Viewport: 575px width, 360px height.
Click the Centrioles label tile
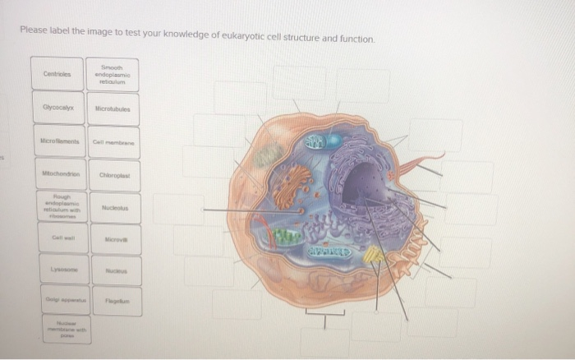coord(57,74)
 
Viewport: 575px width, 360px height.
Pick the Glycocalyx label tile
coord(57,108)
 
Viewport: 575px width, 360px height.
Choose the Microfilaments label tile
coord(57,141)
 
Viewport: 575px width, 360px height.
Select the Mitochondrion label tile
coord(57,175)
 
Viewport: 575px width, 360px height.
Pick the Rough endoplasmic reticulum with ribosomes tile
coord(57,209)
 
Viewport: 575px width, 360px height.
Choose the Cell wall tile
coord(57,242)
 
